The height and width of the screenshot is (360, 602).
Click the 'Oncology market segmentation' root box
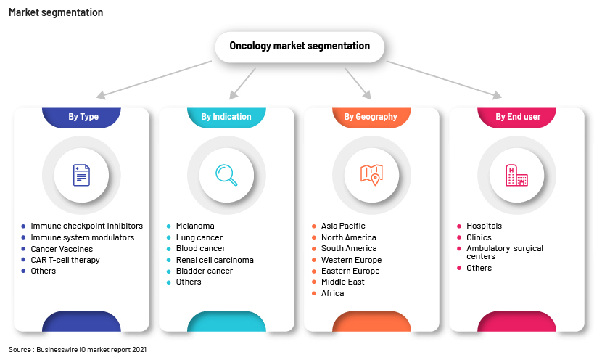pos(300,46)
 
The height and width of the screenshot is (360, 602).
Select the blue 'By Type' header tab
pos(81,117)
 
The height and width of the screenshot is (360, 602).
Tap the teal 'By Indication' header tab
pos(226,117)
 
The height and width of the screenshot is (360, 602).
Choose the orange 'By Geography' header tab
pos(371,117)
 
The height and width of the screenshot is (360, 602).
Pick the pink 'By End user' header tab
pos(516,117)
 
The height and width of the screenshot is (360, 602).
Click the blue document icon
pos(81,175)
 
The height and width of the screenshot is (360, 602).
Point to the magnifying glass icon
pos(226,175)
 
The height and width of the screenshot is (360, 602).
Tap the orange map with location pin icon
pos(371,175)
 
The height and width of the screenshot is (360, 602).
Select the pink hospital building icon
pos(516,175)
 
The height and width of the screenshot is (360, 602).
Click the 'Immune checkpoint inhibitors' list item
pos(87,226)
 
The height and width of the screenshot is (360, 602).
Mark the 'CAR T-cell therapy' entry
pos(65,260)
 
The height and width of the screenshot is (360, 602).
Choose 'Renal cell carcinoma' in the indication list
pos(215,260)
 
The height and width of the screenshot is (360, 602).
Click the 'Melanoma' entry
pos(195,226)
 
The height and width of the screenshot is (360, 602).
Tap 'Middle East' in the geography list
pos(343,282)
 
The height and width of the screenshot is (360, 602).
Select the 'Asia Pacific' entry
pos(343,226)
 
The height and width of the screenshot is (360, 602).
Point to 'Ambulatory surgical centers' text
pos(505,253)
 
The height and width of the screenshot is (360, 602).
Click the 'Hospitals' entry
pos(484,226)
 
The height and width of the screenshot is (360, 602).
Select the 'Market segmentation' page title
pos(56,12)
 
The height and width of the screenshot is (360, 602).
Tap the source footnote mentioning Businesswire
pos(78,350)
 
